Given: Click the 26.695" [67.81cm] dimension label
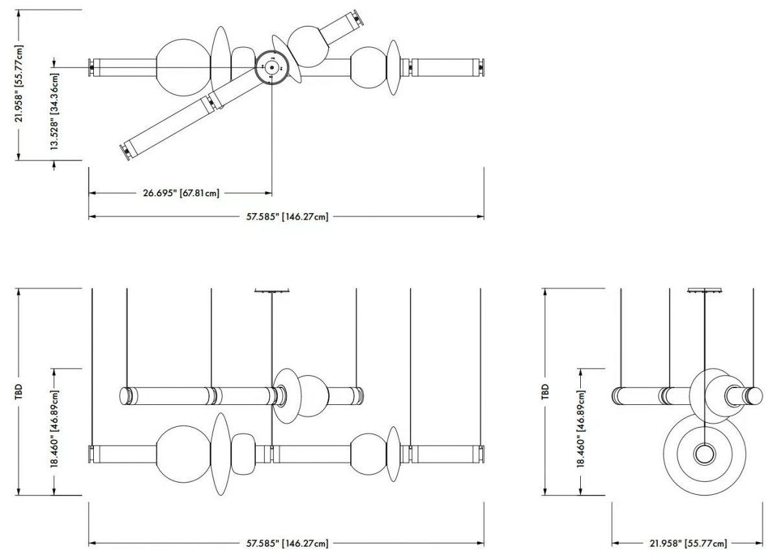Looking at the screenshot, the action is pos(181,193).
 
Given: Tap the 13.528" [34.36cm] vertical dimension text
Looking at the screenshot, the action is pos(55,111).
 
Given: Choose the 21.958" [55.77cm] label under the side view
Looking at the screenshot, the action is pos(688,543).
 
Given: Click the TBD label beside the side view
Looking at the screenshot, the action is pos(545,391).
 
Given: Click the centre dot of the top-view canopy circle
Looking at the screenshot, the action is pos(272,67).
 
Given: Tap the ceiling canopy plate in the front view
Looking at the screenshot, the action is pos(272,290).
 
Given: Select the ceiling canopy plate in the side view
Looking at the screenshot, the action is pos(705,290).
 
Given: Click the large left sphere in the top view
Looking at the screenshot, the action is pos(183,67).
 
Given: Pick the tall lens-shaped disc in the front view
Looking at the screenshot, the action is pos(221,454).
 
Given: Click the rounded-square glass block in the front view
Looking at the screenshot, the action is pos(243,454).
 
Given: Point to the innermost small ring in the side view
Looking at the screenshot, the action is pos(704,454).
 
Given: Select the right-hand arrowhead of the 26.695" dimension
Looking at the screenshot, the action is pos(268,193).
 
